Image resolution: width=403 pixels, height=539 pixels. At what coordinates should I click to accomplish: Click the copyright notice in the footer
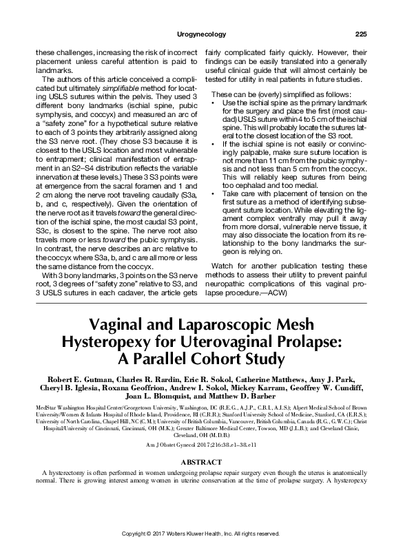201,533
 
